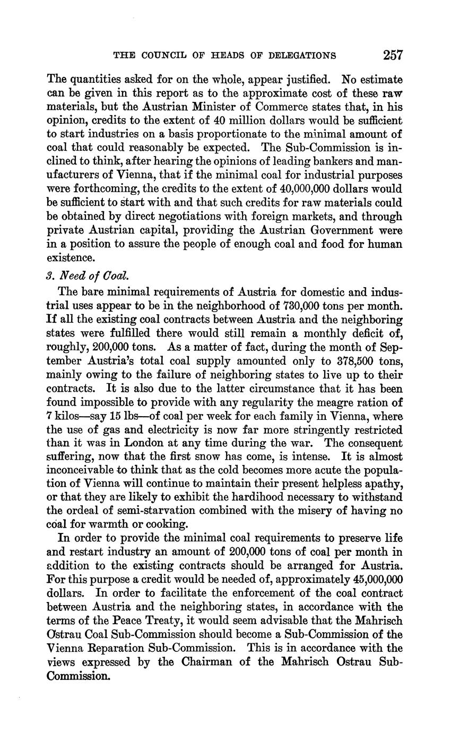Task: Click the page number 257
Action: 392,55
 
